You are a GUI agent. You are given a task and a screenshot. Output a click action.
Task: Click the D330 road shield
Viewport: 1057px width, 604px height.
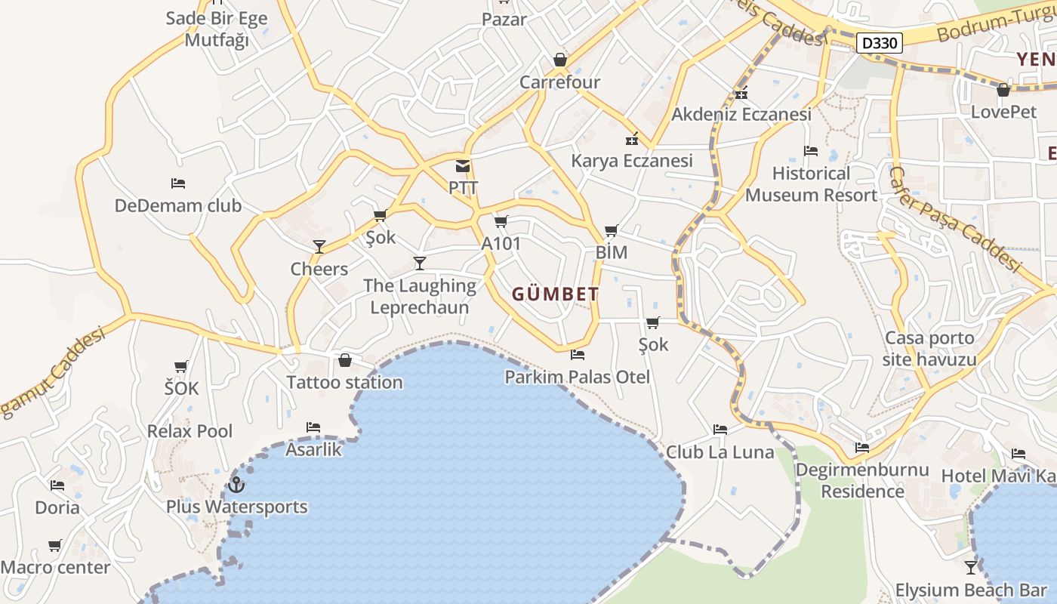[880, 43]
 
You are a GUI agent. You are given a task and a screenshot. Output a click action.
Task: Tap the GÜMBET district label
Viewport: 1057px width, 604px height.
[556, 294]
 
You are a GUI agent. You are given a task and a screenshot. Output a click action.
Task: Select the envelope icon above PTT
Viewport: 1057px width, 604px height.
[462, 166]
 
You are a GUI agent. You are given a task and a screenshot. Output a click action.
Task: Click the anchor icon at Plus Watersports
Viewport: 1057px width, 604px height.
[236, 484]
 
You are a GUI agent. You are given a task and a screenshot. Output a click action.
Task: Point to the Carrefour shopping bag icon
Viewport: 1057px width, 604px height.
[559, 59]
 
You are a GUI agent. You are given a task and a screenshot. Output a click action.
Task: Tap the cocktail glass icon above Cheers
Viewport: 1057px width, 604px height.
[319, 246]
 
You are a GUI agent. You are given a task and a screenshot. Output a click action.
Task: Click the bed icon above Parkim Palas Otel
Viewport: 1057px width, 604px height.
[578, 354]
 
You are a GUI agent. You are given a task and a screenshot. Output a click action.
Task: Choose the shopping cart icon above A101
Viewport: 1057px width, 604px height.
[501, 221]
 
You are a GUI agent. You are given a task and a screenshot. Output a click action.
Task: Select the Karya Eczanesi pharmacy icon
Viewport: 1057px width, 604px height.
[632, 139]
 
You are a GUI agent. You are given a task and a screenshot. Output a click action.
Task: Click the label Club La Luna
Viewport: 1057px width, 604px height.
[720, 452]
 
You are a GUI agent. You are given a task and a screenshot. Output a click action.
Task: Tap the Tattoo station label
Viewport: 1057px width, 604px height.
[344, 382]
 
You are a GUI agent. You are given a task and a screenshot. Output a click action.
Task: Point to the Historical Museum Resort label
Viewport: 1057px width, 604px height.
[811, 184]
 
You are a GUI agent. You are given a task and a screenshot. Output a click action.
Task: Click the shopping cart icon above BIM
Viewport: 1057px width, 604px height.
[611, 230]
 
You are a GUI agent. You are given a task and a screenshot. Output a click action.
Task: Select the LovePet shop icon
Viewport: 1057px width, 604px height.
[1003, 91]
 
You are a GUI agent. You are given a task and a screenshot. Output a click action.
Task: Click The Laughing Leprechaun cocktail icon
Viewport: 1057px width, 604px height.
[420, 263]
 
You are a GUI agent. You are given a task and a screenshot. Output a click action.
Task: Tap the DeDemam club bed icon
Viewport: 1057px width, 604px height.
[178, 183]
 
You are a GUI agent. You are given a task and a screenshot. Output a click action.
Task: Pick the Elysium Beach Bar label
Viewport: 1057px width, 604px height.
[971, 590]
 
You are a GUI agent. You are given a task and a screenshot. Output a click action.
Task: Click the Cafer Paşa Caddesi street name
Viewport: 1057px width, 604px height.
[954, 219]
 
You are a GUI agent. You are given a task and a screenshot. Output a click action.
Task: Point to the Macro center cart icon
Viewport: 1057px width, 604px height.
[55, 545]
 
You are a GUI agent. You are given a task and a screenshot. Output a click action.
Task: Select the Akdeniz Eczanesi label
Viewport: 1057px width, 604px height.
[741, 114]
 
